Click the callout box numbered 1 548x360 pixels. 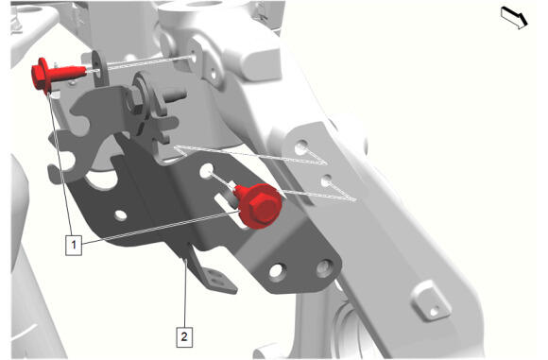pos(74,245)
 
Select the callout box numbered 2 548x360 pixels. pos(184,337)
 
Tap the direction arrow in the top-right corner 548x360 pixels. pos(514,18)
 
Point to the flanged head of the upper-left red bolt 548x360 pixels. pos(42,76)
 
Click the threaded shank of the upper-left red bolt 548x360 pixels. pos(68,73)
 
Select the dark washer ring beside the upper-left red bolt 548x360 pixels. pos(99,69)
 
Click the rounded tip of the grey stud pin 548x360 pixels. pos(182,94)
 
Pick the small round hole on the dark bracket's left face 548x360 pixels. pos(121,215)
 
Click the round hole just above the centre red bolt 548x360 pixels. pos(206,170)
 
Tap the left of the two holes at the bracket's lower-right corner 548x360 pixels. pos(277,272)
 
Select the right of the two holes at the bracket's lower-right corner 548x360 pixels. pos(324,268)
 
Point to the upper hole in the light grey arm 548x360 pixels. pos(301,147)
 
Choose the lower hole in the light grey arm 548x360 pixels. pos(326,180)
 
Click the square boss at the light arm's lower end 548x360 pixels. pos(431,301)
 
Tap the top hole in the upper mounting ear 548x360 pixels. pos(195,55)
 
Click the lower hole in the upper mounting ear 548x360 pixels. pos(214,74)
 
